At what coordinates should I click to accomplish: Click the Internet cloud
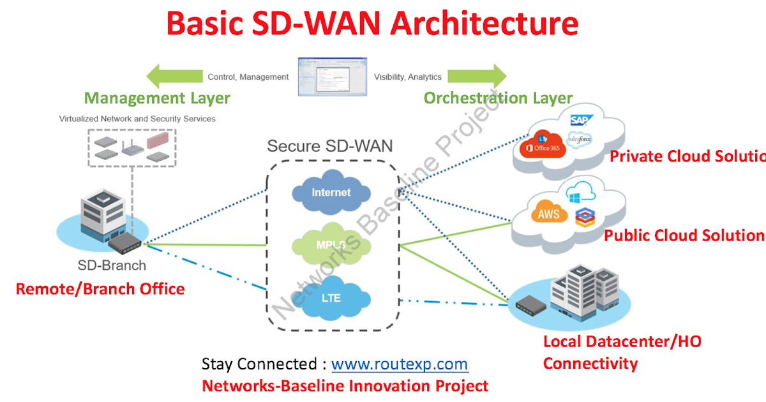point(331,192)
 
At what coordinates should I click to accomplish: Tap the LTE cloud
point(331,298)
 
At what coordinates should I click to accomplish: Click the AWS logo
point(548,214)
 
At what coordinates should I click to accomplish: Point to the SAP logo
point(582,120)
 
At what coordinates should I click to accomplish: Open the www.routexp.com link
point(400,364)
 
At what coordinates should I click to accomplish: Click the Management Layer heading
point(157,98)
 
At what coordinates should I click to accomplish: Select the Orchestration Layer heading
point(498,98)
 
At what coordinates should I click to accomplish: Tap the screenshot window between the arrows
point(332,77)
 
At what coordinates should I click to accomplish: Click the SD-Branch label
point(112,265)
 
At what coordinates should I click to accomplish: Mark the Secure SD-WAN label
point(330,146)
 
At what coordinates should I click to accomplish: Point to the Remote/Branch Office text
point(100,289)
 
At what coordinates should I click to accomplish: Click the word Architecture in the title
point(484,24)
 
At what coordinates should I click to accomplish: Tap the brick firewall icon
point(160,140)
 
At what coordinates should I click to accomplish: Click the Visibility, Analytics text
point(408,77)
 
